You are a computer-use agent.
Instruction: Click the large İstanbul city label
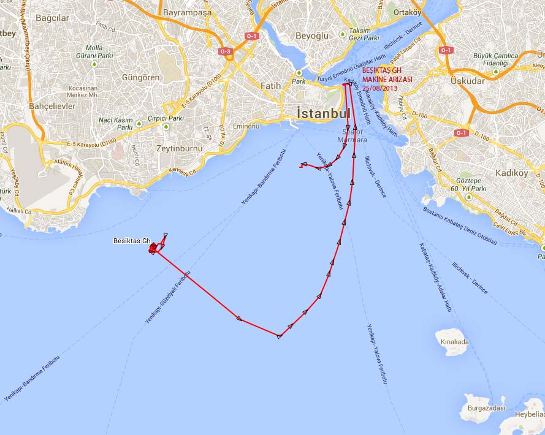[x=323, y=113]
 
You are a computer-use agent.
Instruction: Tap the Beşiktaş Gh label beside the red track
[x=131, y=241]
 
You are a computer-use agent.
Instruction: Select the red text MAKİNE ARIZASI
[x=387, y=80]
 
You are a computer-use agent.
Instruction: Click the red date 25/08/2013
[x=379, y=88]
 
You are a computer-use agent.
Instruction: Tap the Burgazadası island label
[x=484, y=408]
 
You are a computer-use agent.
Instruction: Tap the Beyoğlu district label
[x=312, y=36]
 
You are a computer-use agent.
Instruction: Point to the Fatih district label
[x=270, y=86]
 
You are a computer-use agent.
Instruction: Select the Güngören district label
[x=140, y=78]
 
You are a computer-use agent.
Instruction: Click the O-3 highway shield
[x=225, y=51]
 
